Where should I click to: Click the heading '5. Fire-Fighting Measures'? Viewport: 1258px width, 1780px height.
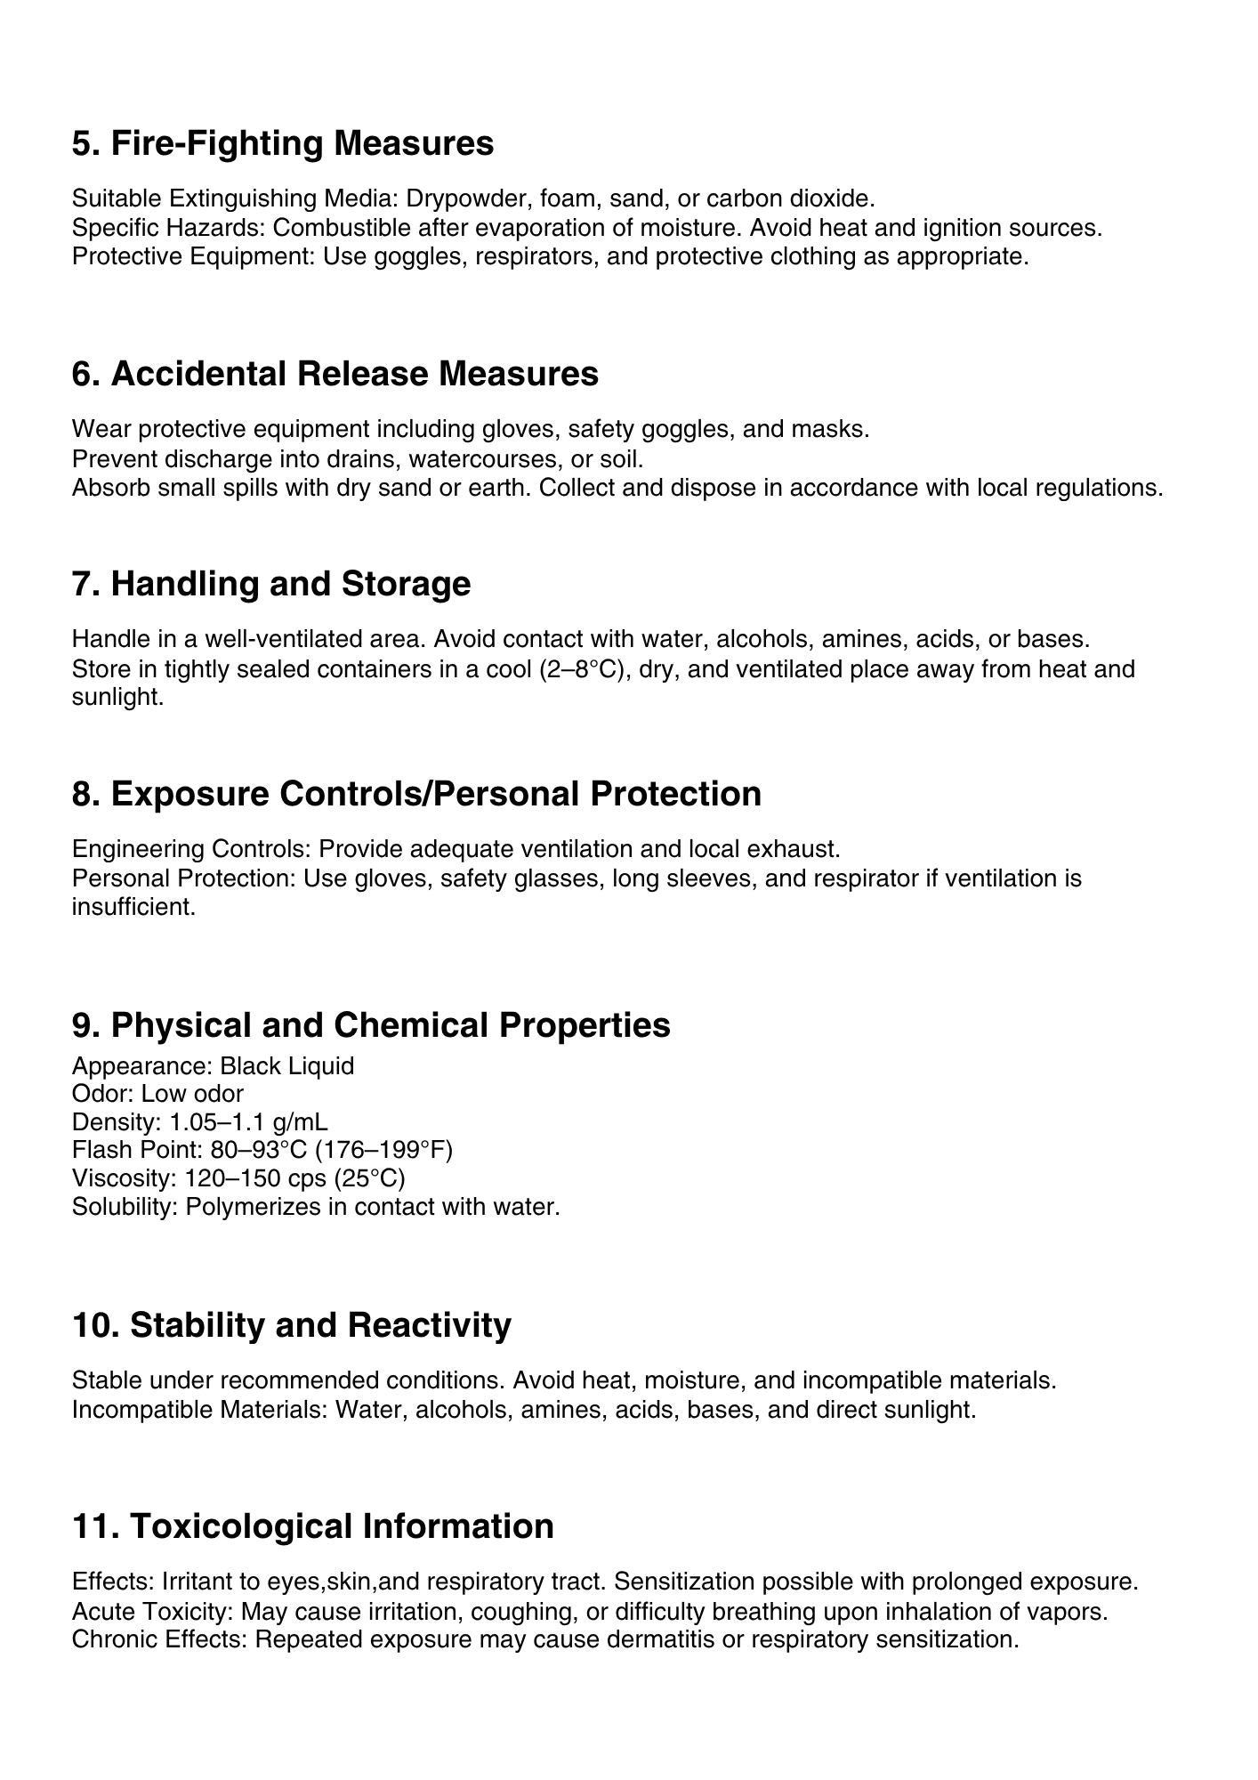click(x=282, y=143)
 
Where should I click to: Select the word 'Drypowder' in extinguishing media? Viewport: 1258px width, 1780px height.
click(x=464, y=198)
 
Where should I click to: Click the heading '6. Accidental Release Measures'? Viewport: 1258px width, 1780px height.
click(x=335, y=374)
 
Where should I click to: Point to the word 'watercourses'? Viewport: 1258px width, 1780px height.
click(x=481, y=459)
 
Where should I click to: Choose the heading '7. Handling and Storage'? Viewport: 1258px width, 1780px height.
click(x=270, y=584)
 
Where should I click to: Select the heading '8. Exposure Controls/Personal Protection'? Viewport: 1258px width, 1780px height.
click(x=415, y=794)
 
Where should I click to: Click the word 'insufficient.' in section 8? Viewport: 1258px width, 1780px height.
click(x=133, y=907)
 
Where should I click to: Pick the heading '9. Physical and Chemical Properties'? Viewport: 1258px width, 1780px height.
click(x=370, y=1025)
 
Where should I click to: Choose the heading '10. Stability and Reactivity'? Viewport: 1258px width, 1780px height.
click(x=291, y=1325)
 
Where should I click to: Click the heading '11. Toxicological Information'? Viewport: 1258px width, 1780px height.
click(x=312, y=1526)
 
